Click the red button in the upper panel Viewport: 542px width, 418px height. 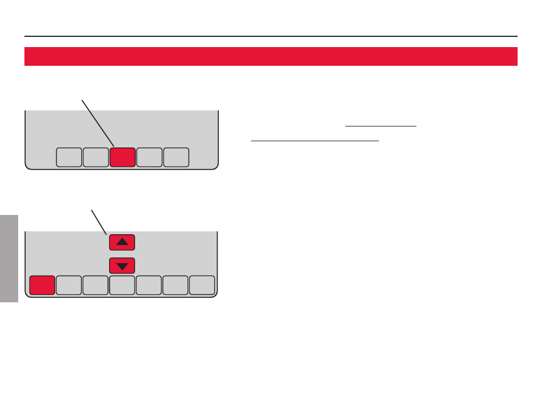click(122, 157)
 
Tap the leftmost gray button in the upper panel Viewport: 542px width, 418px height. click(69, 157)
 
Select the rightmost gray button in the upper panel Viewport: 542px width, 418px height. click(176, 157)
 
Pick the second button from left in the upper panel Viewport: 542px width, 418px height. click(95, 157)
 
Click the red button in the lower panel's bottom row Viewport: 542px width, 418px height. click(42, 285)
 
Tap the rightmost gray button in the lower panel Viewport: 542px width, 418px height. click(202, 285)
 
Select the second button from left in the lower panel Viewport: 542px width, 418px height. click(69, 285)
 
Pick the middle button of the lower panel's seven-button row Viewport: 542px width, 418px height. click(122, 285)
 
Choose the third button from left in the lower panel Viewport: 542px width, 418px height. click(95, 285)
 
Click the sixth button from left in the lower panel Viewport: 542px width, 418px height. click(176, 285)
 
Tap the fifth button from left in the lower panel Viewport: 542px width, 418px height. click(149, 285)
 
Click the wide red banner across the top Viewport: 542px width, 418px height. click(271, 56)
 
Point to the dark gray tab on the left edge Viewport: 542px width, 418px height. click(9, 258)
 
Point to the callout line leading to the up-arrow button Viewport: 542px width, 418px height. click(99, 222)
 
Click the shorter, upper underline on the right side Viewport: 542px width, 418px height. click(381, 126)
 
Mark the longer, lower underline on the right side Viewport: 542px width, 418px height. click(315, 141)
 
